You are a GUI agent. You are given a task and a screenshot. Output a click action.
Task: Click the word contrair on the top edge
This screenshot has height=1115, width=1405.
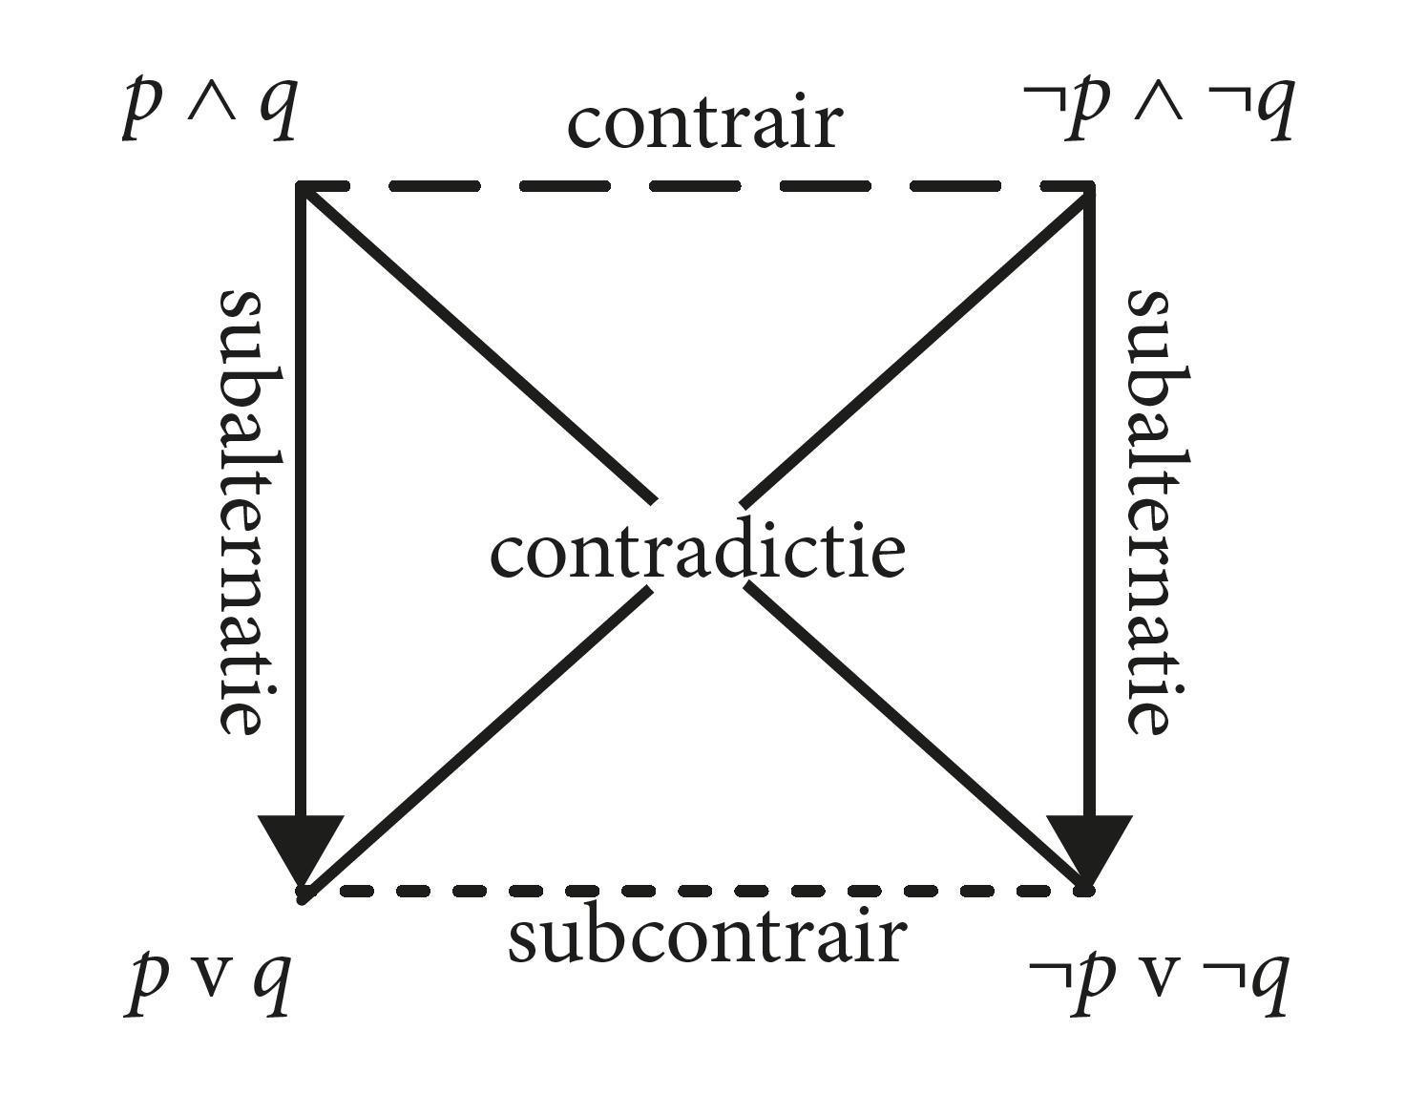pos(704,124)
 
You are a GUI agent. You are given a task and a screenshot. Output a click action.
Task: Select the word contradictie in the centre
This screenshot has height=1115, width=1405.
pos(697,554)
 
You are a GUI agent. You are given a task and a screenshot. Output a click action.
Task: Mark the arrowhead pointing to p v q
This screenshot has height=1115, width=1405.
pos(302,845)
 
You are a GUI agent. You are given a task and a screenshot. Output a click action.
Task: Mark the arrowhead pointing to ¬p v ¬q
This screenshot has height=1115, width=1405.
pos(1088,845)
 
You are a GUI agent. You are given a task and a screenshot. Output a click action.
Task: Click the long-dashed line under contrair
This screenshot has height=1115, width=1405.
pos(695,186)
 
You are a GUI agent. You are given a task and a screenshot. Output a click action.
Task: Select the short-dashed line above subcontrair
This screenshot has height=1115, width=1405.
pos(695,891)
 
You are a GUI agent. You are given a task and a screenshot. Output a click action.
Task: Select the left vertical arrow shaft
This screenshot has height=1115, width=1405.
pos(302,496)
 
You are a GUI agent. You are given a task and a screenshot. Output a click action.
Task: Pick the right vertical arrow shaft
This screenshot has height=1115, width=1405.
pos(1088,496)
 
